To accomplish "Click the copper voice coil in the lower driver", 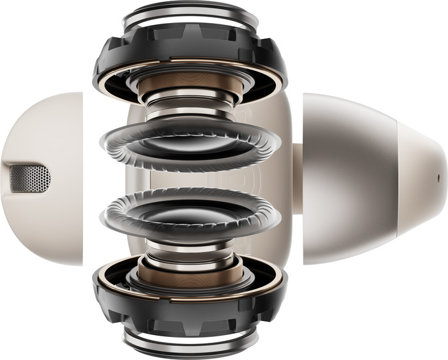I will point(189,271).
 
